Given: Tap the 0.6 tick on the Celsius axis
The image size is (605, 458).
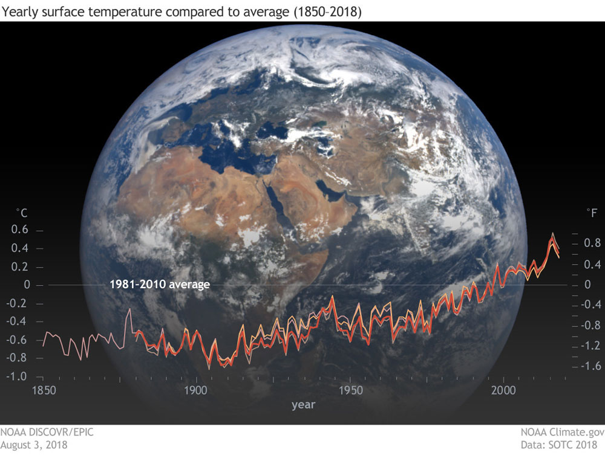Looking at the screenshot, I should pyautogui.click(x=22, y=230).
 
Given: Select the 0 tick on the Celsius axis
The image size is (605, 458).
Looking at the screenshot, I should pyautogui.click(x=25, y=285).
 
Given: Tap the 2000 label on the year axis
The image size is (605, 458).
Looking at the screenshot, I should pyautogui.click(x=503, y=390).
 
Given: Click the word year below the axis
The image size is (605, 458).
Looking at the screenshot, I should pyautogui.click(x=302, y=404).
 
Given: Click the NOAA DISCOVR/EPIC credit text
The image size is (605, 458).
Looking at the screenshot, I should pyautogui.click(x=47, y=433).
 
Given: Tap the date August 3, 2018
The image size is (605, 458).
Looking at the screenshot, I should pyautogui.click(x=34, y=445).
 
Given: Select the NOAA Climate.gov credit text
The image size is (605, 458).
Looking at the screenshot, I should pyautogui.click(x=562, y=433).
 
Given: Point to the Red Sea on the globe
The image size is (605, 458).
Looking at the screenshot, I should pyautogui.click(x=282, y=205).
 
